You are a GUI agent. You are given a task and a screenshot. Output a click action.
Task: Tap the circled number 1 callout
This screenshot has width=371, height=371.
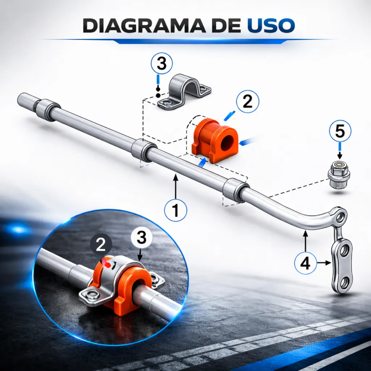coord(176,210)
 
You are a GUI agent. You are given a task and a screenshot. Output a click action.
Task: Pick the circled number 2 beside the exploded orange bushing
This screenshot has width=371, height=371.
coord(247,102)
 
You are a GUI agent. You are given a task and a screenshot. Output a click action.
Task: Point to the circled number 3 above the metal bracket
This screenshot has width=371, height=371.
coord(162,63)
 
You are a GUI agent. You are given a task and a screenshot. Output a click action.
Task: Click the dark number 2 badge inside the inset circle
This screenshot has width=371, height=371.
coord(101,245)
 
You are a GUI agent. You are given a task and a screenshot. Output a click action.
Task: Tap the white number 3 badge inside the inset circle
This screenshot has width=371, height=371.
coord(142,238)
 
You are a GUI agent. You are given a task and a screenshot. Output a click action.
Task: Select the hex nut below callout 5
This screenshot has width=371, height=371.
coord(338,174)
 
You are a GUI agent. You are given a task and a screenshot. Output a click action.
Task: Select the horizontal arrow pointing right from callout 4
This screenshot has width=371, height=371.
coord(324,263)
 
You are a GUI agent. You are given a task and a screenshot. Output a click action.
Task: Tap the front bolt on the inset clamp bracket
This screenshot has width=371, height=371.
coord(91,294)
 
